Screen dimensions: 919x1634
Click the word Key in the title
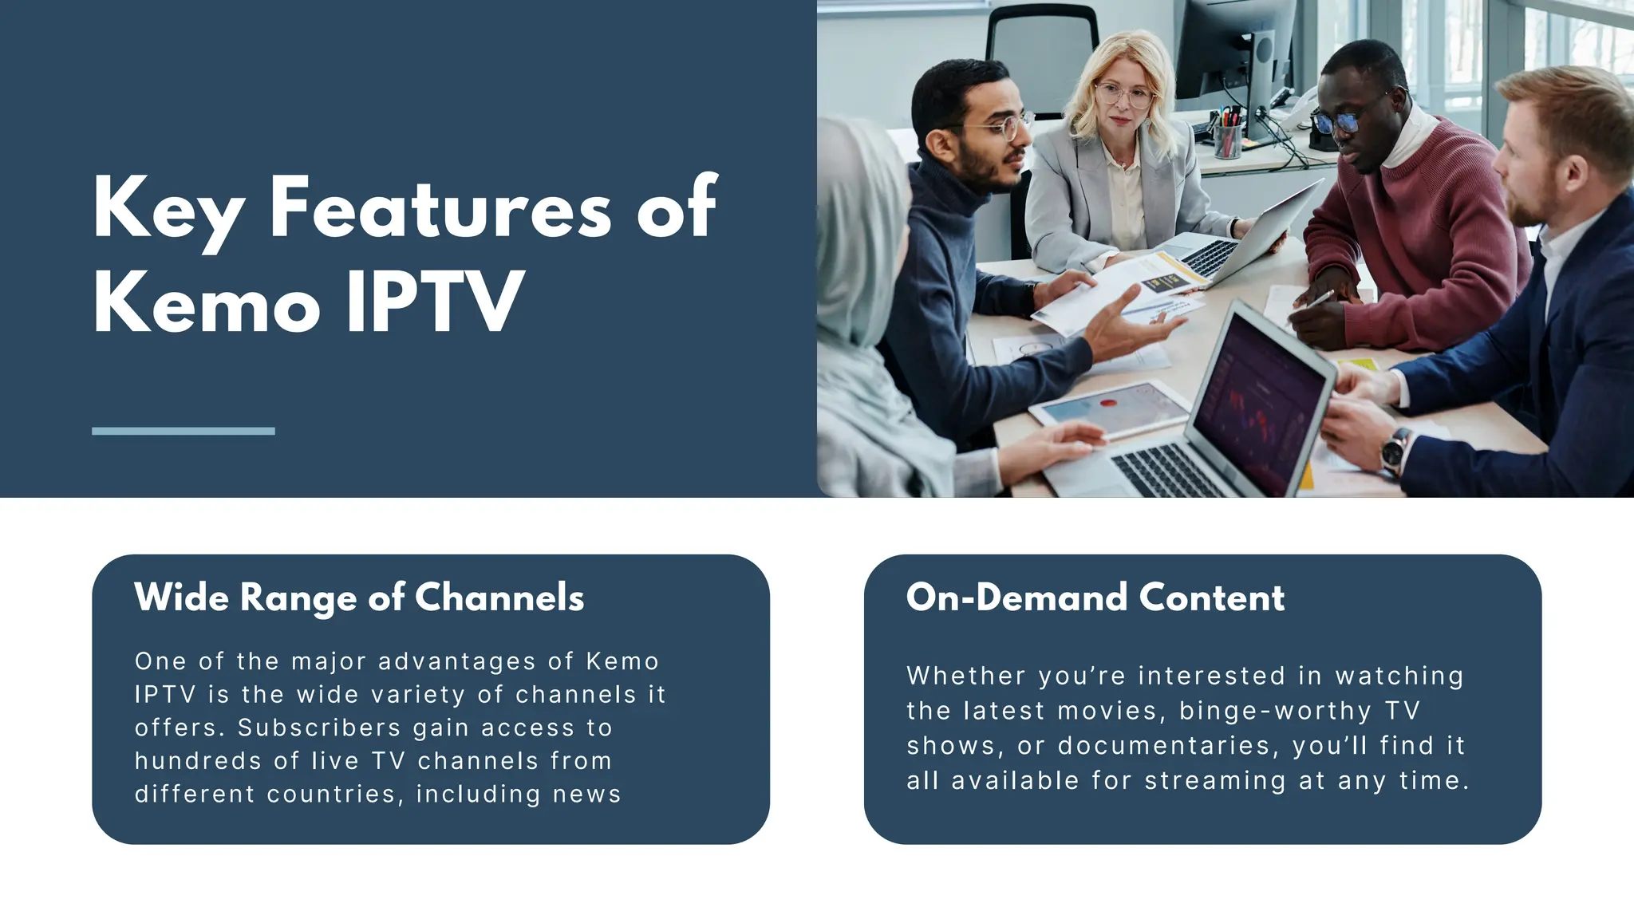tap(168, 209)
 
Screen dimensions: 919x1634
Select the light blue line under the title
tap(184, 431)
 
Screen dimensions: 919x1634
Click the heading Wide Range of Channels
tap(359, 598)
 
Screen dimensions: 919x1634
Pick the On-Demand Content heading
tap(1095, 598)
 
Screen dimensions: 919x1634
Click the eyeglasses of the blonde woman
tap(1125, 96)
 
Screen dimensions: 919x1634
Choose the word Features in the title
tap(440, 209)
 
